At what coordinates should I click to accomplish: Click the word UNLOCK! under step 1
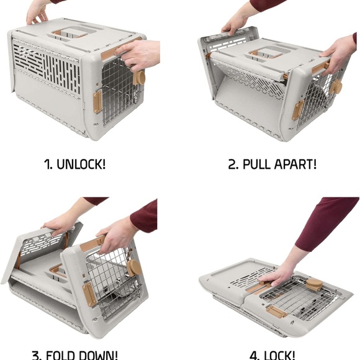coord(81,164)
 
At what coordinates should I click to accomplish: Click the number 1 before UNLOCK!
coord(47,164)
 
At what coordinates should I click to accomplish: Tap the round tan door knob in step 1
coord(140,78)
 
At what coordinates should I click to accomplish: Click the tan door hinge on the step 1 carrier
coord(97,102)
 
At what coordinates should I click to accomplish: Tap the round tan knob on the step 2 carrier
coord(336,87)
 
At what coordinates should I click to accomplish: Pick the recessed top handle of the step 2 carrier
coord(264,55)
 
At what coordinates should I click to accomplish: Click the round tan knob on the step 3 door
coord(135,268)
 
